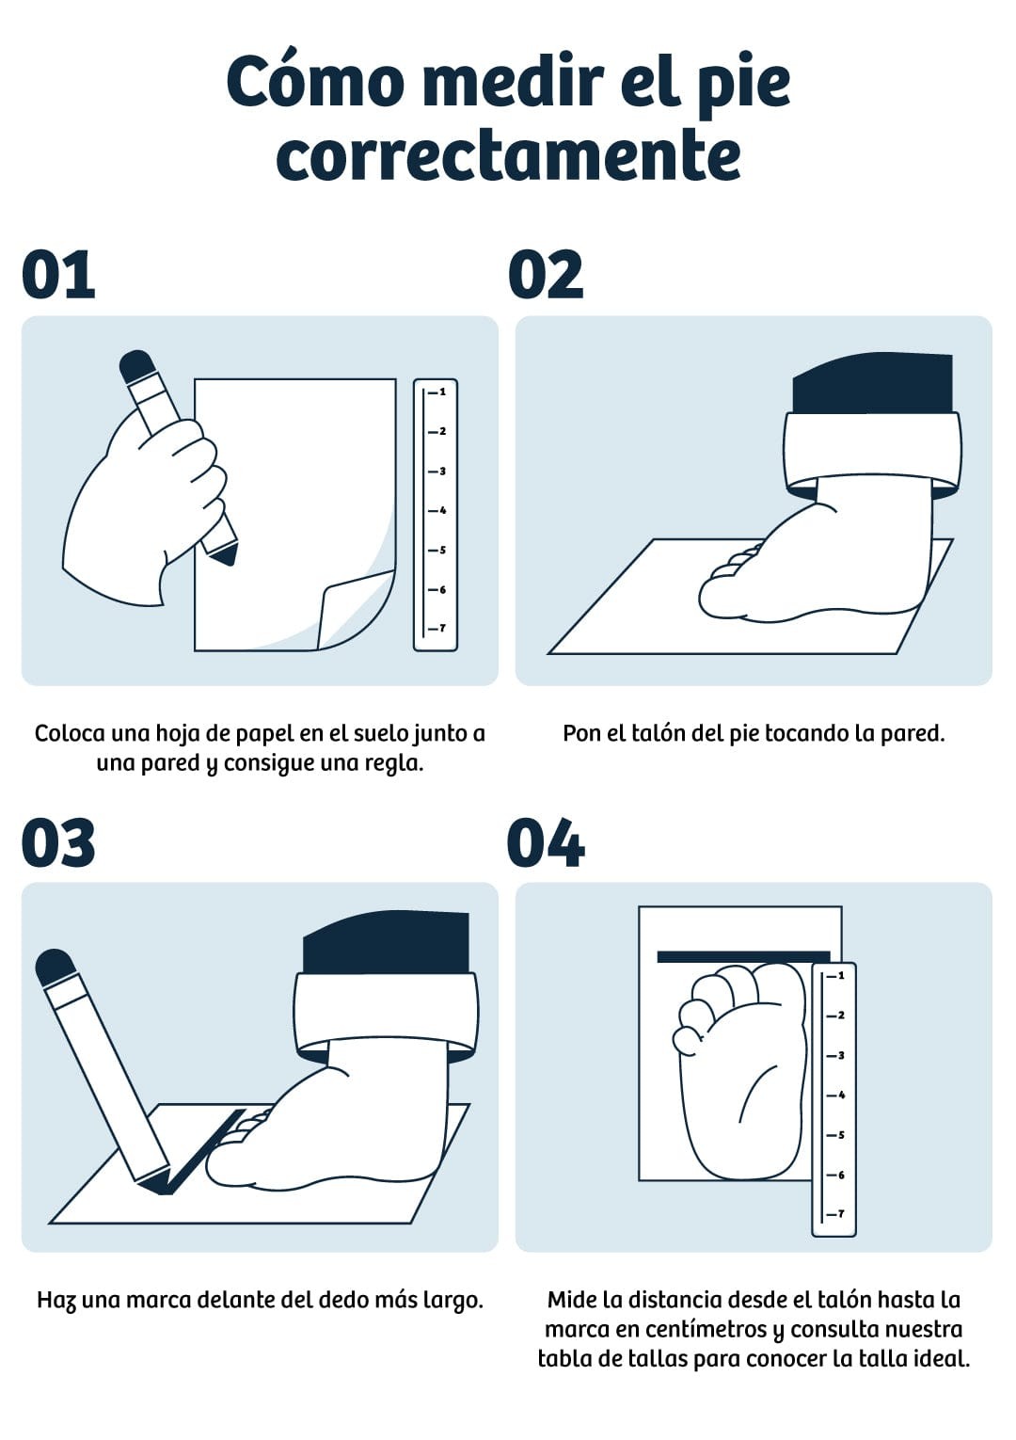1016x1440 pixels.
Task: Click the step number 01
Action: (x=58, y=275)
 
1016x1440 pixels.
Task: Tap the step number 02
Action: (x=546, y=275)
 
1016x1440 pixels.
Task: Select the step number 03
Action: (x=58, y=842)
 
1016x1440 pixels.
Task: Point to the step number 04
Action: (x=546, y=842)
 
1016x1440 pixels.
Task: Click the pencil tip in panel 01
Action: (x=226, y=557)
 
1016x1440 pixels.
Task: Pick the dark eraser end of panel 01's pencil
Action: (x=135, y=365)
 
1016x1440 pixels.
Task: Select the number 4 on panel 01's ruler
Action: (x=443, y=510)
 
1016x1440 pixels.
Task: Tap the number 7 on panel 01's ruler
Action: (x=442, y=628)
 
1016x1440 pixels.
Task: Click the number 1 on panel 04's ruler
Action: (x=841, y=976)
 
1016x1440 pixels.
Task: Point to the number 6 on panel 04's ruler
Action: (x=841, y=1175)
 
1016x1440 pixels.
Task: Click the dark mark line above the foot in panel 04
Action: (x=743, y=957)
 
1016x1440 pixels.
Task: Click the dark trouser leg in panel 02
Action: (x=872, y=383)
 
